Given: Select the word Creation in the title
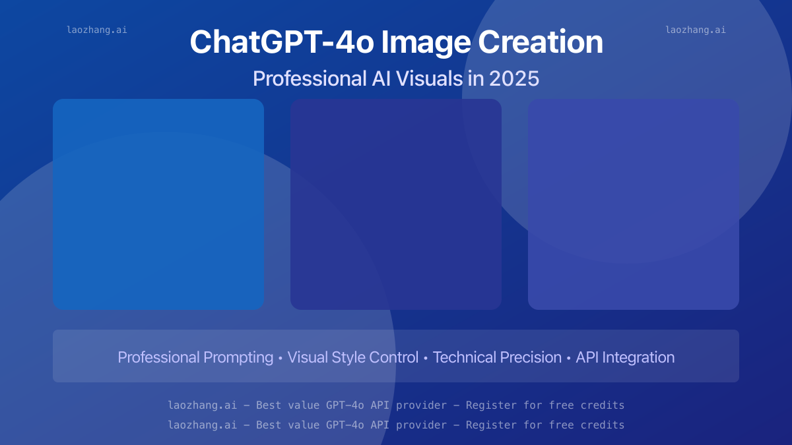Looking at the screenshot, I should point(540,43).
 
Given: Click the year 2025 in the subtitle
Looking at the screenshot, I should point(514,79).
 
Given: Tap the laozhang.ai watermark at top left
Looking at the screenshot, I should point(96,30).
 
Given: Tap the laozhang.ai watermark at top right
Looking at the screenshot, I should point(696,30).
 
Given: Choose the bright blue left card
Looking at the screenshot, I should point(158,204).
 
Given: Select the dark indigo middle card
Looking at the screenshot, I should point(396,204).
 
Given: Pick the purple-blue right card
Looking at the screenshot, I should point(634,204).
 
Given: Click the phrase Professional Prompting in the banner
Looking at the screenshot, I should point(195,357).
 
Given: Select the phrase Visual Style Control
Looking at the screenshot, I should point(353,357).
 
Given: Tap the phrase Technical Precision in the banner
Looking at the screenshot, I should point(497,357).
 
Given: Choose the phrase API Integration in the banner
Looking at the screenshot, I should point(625,357).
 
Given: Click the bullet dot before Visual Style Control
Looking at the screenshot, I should point(280,358).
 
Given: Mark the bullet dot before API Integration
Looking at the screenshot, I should point(569,358).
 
